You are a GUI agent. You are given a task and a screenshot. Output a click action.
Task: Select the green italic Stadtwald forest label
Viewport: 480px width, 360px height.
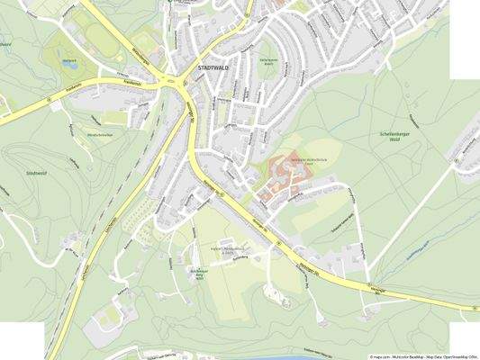tap(37, 171)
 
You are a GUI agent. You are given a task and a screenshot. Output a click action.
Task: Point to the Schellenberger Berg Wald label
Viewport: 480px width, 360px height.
tap(197, 273)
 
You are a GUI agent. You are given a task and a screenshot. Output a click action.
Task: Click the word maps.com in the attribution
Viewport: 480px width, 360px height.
tap(381, 356)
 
